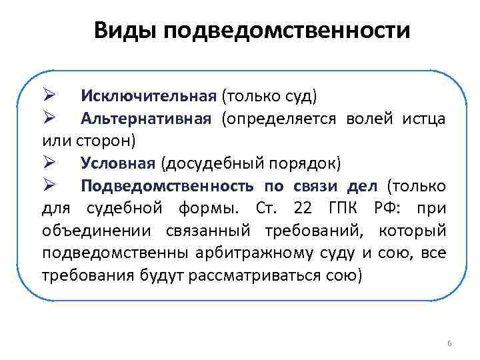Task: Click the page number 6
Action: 449,343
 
